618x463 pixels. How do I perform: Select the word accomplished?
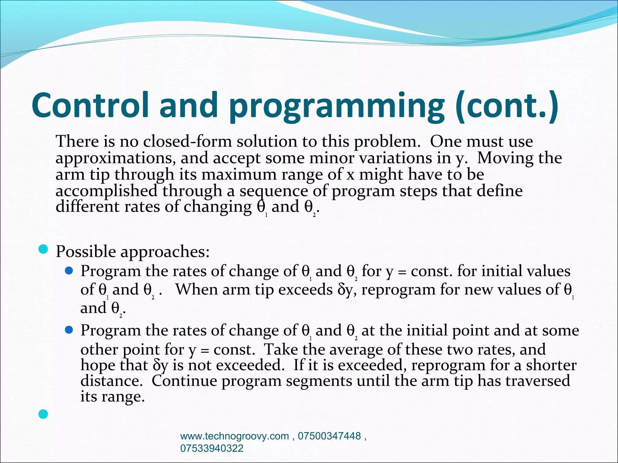tap(106, 191)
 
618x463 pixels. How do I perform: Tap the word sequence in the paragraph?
tap(274, 191)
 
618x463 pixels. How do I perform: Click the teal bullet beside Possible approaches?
tap(43, 250)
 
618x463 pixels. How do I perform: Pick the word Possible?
tap(86, 251)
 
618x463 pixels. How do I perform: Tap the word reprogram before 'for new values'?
tap(398, 290)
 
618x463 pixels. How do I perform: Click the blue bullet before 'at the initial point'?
tap(69, 330)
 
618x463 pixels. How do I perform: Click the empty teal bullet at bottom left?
tap(43, 414)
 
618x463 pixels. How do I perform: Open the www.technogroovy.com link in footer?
tap(234, 436)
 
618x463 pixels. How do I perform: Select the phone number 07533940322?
tap(212, 448)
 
